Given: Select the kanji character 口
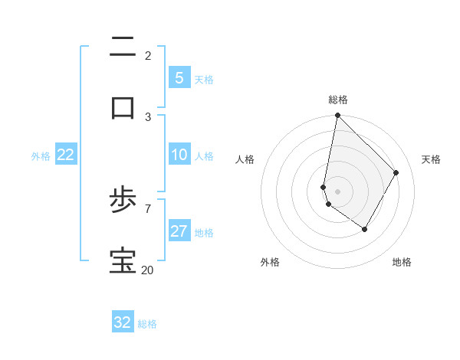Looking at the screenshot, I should tap(123, 107).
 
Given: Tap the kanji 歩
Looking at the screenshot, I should tap(123, 201).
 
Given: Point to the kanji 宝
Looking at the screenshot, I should tap(123, 260).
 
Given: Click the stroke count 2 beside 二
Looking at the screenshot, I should tap(148, 55).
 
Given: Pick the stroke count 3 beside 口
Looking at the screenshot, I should tap(148, 116).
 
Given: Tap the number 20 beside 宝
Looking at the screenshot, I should tap(147, 270).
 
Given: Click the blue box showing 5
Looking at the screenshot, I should tap(179, 78).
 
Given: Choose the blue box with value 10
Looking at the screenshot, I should tap(179, 155).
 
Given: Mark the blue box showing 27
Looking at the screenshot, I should tap(179, 231).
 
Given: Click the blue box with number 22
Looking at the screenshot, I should tap(65, 155).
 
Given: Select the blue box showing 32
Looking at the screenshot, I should tap(123, 322).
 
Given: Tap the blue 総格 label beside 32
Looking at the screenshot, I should tap(148, 324).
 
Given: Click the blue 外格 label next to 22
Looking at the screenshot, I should tap(41, 156).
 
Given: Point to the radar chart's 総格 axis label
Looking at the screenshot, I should tap(338, 100).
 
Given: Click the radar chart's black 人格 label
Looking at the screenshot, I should tap(245, 159).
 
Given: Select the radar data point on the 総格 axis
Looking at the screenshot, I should tap(337, 115).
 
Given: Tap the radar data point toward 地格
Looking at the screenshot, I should tap(365, 229).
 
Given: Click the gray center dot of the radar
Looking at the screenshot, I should tap(337, 191).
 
